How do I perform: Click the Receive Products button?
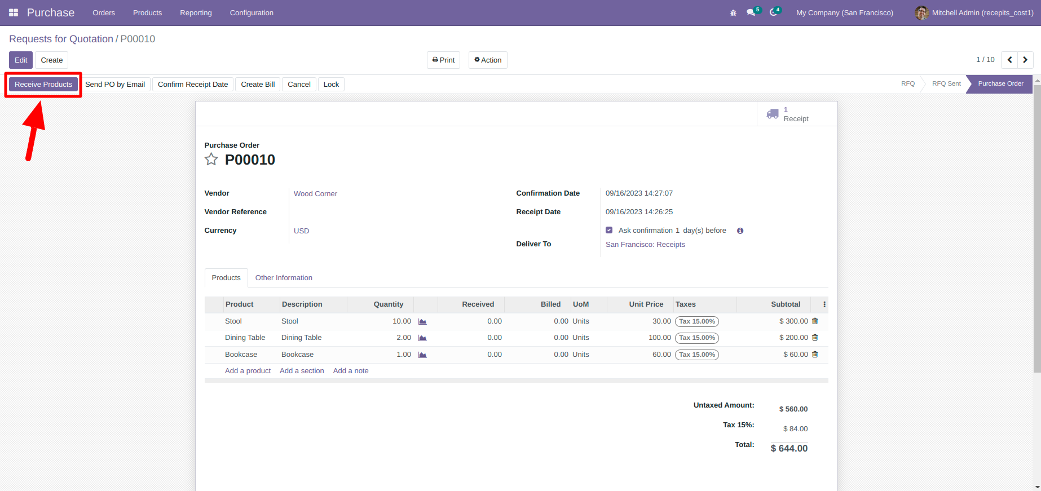point(43,85)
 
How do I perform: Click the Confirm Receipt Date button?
point(193,85)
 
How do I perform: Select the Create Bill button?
point(258,85)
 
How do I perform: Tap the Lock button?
point(331,85)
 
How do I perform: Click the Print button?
point(443,60)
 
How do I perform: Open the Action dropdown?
point(488,60)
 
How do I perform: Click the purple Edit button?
point(21,60)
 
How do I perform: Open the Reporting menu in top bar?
point(196,13)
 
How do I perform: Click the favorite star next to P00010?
point(211,160)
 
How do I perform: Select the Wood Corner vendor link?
point(315,194)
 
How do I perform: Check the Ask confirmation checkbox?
point(609,230)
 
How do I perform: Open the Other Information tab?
point(284,278)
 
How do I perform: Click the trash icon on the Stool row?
point(815,321)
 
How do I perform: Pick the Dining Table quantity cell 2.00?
point(404,338)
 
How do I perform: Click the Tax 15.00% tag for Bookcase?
point(697,355)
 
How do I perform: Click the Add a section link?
point(302,371)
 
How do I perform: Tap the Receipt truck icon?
point(773,114)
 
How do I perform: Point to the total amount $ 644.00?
point(789,449)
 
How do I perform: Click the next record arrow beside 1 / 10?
point(1025,60)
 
